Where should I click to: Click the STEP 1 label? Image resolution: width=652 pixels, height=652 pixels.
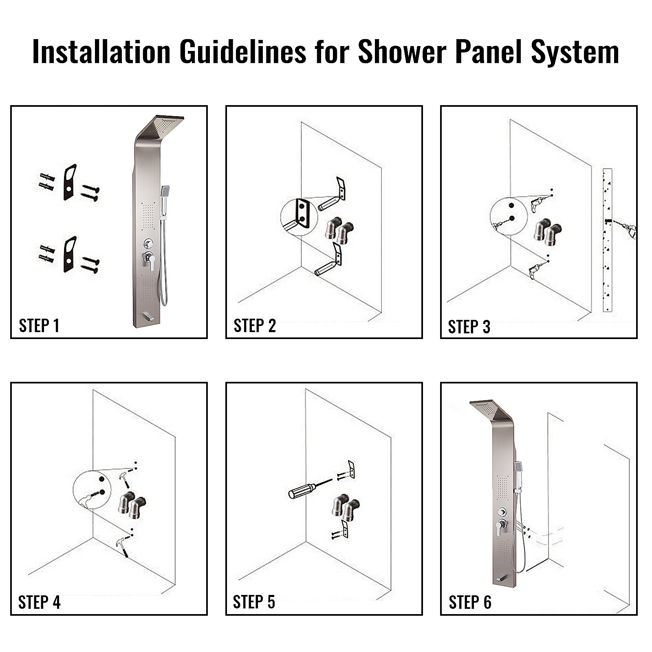click(39, 326)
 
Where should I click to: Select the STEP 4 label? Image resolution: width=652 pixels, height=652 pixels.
click(39, 602)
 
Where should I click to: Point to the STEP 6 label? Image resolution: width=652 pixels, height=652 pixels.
click(469, 602)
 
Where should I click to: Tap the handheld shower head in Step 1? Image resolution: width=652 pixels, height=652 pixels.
click(165, 191)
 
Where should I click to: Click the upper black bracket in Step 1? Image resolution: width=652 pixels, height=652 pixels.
click(70, 182)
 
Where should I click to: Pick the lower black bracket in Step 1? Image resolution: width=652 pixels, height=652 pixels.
click(70, 254)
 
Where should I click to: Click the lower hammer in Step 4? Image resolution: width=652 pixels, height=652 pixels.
click(122, 546)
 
